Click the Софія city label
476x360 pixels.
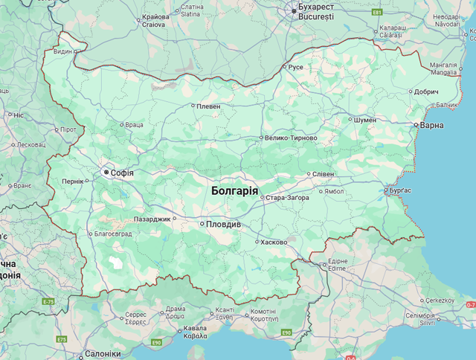(x=121, y=173)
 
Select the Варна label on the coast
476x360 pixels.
(x=431, y=125)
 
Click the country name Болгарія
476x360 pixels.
(x=234, y=190)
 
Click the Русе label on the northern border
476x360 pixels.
(x=295, y=67)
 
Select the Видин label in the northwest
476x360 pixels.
(x=63, y=52)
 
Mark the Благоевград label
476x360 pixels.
(x=113, y=233)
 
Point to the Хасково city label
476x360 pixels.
(x=274, y=242)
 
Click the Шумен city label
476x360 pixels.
(x=365, y=119)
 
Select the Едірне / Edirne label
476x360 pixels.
(x=338, y=266)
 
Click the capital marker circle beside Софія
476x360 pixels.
(x=106, y=173)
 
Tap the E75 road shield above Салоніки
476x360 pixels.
(x=61, y=339)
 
